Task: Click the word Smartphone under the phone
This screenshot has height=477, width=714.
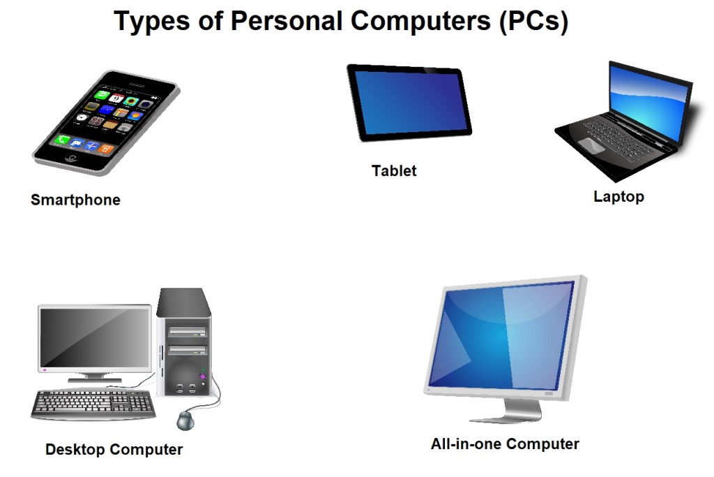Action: click(75, 200)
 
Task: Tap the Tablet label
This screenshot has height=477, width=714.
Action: click(394, 170)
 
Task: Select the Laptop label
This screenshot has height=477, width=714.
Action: click(618, 196)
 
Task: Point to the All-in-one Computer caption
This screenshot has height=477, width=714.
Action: click(505, 443)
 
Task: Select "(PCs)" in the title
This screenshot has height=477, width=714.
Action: click(533, 22)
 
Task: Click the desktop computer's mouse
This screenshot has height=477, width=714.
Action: click(185, 420)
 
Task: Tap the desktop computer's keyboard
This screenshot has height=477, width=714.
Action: click(93, 403)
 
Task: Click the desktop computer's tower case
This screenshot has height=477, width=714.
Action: click(183, 342)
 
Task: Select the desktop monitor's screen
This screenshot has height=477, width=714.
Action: click(95, 339)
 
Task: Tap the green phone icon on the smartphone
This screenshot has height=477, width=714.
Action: click(63, 140)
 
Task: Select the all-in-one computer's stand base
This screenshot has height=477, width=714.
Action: click(506, 418)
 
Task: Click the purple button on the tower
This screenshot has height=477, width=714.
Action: click(203, 376)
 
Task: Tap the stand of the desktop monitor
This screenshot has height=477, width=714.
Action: click(95, 377)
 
